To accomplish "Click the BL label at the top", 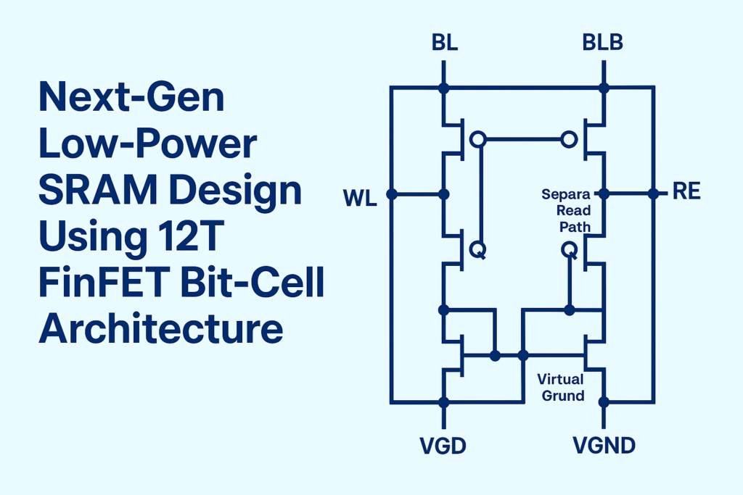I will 445,43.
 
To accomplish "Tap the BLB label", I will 602,43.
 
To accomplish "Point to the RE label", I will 686,194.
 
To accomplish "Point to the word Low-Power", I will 147,144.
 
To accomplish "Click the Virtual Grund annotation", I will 560,387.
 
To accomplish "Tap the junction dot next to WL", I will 391,194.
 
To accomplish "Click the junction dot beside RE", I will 653,194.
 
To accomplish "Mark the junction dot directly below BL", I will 444,88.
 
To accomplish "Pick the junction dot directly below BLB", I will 603,88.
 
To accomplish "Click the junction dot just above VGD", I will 444,402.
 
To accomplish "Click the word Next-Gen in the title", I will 131,98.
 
